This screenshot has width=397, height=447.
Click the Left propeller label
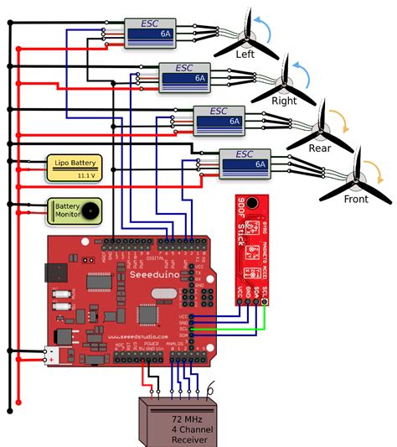pyautogui.click(x=245, y=54)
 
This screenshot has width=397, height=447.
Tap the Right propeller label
pyautogui.click(x=285, y=101)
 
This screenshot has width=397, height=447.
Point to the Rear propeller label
pyautogui.click(x=320, y=148)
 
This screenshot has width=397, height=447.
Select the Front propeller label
pyautogui.click(x=356, y=200)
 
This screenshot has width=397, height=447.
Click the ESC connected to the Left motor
pyautogui.click(x=152, y=34)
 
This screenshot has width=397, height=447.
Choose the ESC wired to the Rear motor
pyautogui.click(x=219, y=118)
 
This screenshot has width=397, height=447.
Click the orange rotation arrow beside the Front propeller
pyautogui.click(x=379, y=174)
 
